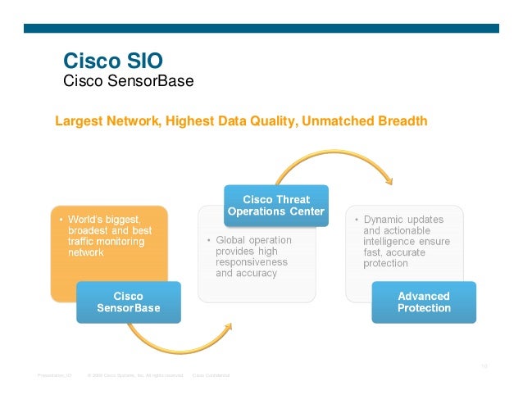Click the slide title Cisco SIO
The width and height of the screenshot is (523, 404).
click(113, 61)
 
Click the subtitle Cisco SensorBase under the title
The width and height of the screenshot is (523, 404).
click(128, 81)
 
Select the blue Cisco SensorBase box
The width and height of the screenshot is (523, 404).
click(129, 302)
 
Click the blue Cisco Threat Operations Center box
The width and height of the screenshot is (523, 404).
click(276, 205)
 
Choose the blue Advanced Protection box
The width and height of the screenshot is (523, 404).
click(423, 302)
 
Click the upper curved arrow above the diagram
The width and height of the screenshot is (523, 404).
click(336, 161)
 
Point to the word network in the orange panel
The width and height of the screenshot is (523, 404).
click(85, 253)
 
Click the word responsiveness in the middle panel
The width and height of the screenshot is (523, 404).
click(252, 262)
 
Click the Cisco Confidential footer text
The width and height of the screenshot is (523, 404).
click(211, 374)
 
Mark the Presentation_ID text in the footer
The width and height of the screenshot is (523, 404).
click(54, 374)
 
